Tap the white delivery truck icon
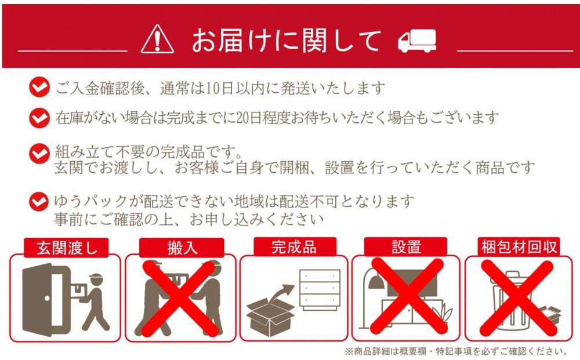417,41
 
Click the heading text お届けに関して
287,41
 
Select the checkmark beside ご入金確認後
39,89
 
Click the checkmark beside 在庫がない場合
39,118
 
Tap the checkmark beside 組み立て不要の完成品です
39,154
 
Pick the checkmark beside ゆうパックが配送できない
39,202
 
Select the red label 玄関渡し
64,248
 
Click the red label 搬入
182,248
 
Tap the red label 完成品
294,246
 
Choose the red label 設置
406,247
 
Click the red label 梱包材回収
519,247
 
